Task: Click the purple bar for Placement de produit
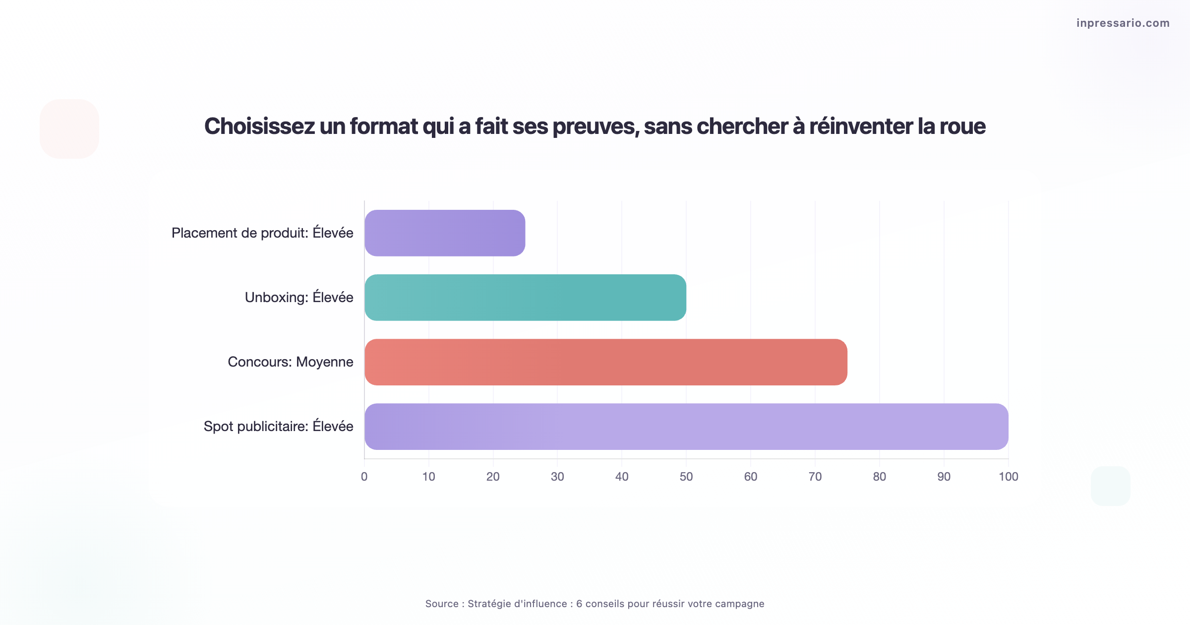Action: click(x=445, y=233)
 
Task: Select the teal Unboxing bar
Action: click(x=525, y=298)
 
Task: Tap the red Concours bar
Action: click(x=605, y=362)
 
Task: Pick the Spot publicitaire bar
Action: click(x=686, y=427)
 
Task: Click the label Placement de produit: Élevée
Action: click(x=262, y=233)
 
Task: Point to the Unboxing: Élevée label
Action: click(x=299, y=298)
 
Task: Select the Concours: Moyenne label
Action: click(x=291, y=362)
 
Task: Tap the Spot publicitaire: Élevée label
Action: click(x=278, y=427)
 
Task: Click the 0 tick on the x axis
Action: click(x=364, y=477)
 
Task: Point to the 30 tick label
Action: click(x=557, y=477)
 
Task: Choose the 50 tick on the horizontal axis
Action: click(x=686, y=477)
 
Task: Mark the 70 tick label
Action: click(x=815, y=477)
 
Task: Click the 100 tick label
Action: click(x=1009, y=477)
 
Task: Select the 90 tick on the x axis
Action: click(x=944, y=477)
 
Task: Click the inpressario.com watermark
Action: click(x=1123, y=23)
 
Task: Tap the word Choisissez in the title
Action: click(x=259, y=126)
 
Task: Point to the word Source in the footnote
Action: click(x=442, y=604)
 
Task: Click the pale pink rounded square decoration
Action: click(x=69, y=129)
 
